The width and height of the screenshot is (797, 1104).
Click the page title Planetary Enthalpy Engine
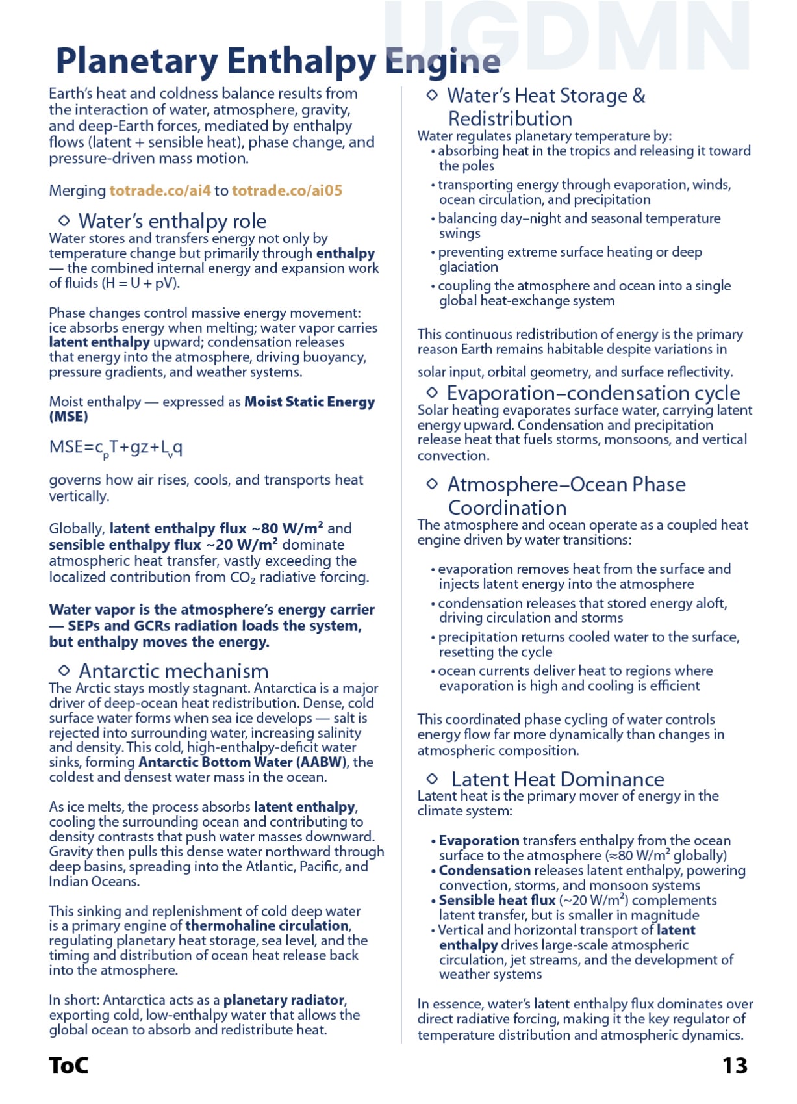[x=277, y=62]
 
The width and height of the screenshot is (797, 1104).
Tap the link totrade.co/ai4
[x=160, y=190]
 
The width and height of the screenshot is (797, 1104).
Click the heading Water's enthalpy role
[x=172, y=221]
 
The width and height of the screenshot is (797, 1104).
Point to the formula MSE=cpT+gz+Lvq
[x=116, y=448]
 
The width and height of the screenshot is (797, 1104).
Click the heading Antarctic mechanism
[x=173, y=671]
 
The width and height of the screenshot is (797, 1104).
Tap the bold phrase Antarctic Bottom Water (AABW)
[x=243, y=762]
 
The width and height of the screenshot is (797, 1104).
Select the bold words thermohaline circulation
[x=268, y=925]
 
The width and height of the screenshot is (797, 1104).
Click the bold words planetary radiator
[x=284, y=1000]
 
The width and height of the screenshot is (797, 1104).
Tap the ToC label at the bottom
[x=68, y=1066]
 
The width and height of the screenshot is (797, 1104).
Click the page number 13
[x=735, y=1066]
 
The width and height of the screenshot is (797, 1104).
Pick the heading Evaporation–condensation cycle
[x=593, y=393]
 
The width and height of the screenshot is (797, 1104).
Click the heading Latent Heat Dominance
[x=557, y=779]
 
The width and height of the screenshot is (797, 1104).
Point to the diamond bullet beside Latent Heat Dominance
[x=433, y=778]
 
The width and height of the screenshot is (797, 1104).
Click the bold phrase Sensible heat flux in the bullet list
[x=497, y=901]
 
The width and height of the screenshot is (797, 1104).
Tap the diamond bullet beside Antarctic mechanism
[x=64, y=670]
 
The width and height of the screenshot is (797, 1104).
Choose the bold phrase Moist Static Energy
[x=309, y=402]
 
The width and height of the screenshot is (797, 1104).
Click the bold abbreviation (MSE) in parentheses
[x=68, y=417]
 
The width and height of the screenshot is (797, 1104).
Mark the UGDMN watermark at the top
[x=565, y=36]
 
